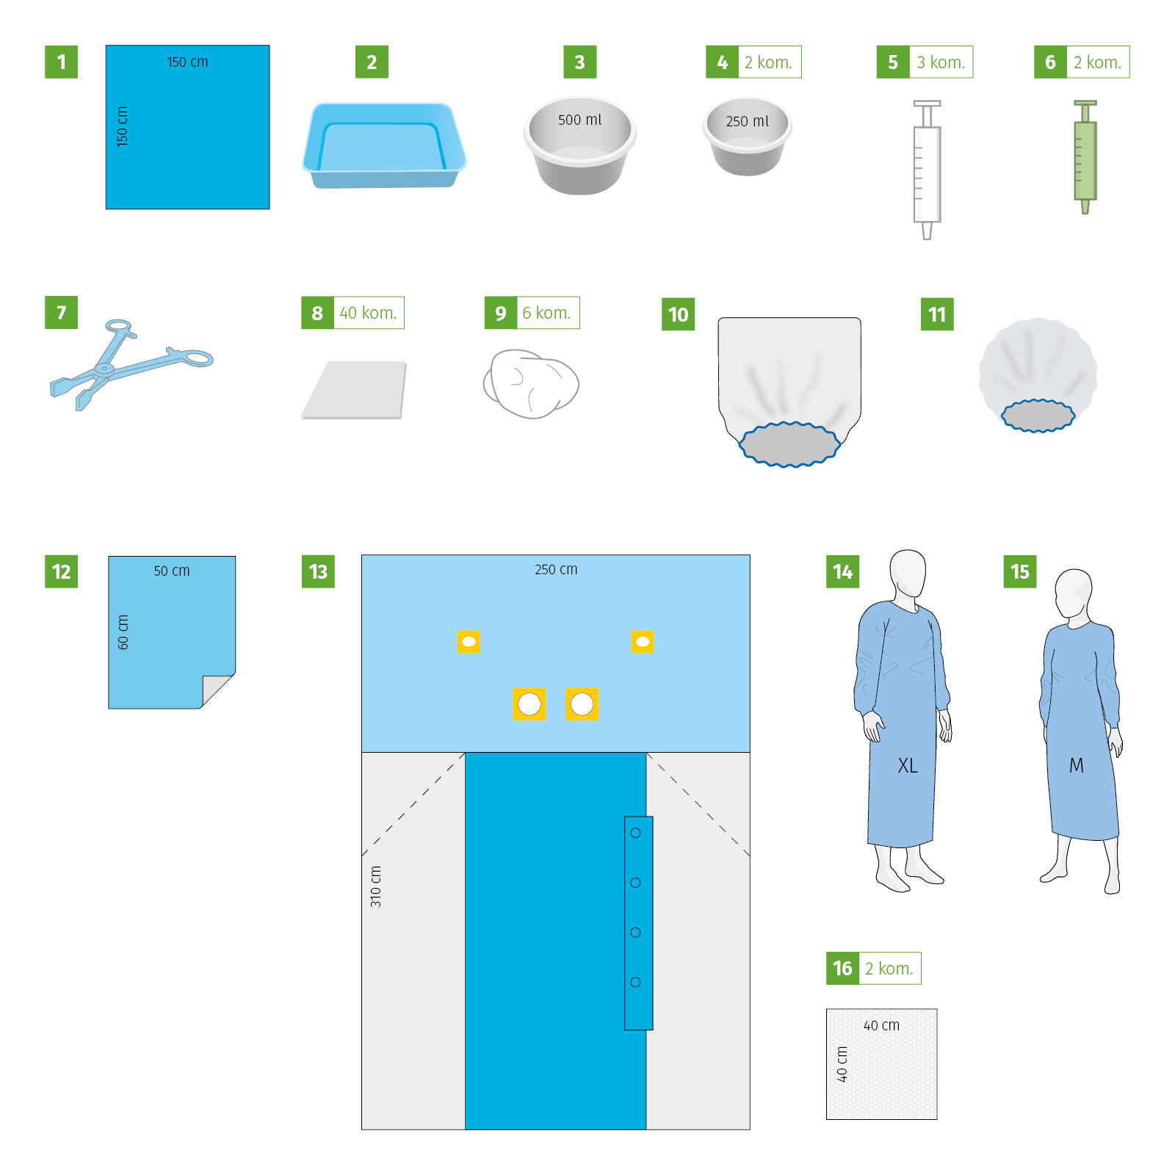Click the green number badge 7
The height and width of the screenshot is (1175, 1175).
61,313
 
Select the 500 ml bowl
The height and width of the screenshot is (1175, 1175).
580,145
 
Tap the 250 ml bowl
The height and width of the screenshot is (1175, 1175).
748,137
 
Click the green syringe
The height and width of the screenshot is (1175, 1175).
1085,157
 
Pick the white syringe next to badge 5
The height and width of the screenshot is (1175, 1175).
927,170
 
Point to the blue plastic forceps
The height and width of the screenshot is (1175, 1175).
131,364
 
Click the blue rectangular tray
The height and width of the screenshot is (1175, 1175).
384,145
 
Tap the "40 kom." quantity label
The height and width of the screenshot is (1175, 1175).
368,313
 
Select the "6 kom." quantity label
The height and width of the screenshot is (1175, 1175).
546,313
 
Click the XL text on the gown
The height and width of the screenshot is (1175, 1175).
908,766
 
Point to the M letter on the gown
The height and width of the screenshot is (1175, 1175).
1077,766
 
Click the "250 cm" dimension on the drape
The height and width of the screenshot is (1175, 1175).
556,569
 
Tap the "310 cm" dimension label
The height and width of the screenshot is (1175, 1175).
376,886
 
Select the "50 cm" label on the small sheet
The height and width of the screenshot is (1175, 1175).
172,571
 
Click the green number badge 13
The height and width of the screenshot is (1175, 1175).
318,571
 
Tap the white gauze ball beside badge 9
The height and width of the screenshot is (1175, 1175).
531,383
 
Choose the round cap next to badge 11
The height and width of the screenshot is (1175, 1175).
1038,375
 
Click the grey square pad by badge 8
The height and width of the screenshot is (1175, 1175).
354,390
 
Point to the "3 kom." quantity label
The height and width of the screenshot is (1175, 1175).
941,62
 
